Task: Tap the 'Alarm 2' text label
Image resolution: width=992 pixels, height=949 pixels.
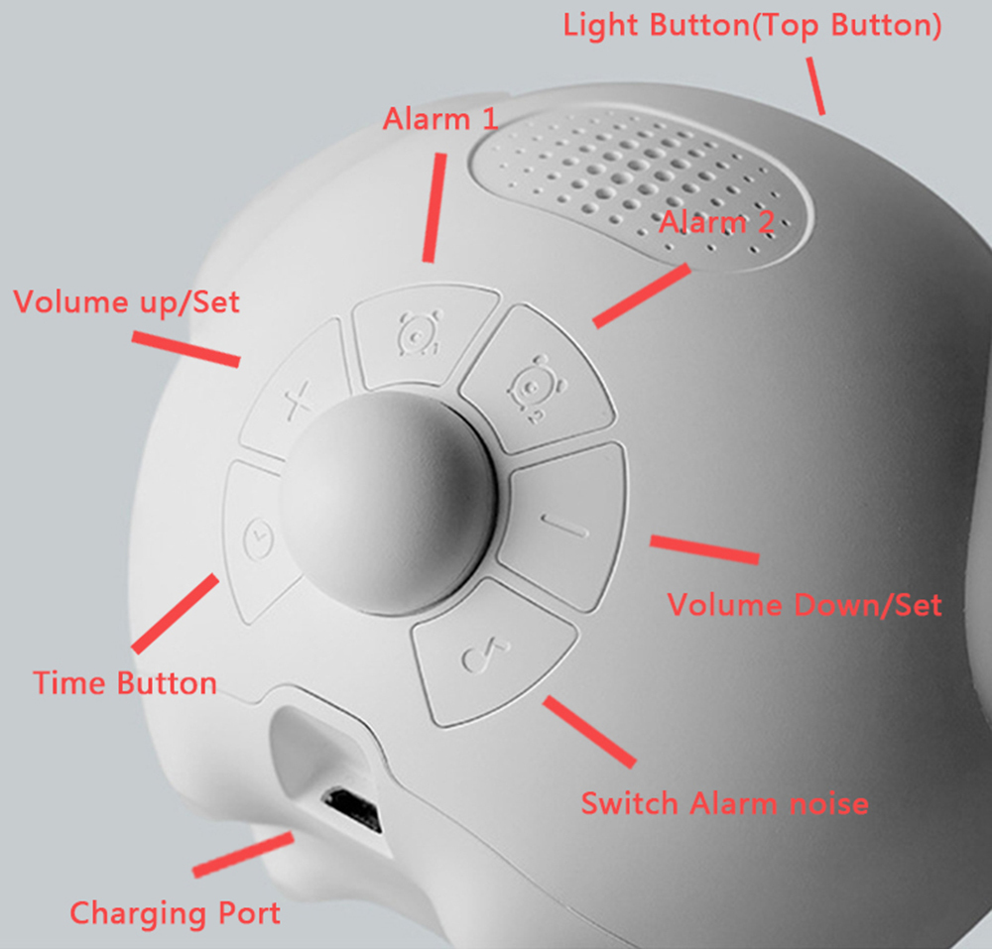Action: pyautogui.click(x=717, y=222)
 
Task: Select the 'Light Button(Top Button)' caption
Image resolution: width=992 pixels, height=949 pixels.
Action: pyautogui.click(x=752, y=26)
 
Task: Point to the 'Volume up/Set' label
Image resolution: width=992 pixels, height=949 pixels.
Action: pyautogui.click(x=127, y=302)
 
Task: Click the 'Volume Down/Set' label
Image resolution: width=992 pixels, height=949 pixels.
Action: pyautogui.click(x=805, y=605)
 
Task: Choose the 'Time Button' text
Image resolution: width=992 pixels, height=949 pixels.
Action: pyautogui.click(x=125, y=683)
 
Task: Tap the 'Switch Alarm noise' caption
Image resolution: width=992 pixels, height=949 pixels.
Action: pyautogui.click(x=724, y=803)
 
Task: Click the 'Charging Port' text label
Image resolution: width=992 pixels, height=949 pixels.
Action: pyautogui.click(x=176, y=913)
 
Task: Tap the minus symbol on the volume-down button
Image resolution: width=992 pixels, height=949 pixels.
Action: pyautogui.click(x=565, y=526)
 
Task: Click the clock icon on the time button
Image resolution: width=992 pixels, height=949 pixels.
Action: pyautogui.click(x=259, y=538)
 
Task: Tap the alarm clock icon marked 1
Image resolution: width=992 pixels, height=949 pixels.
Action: pyautogui.click(x=420, y=332)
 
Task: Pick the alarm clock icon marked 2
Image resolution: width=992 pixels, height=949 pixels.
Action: pyautogui.click(x=537, y=388)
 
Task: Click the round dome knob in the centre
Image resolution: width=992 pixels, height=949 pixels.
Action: pyautogui.click(x=388, y=503)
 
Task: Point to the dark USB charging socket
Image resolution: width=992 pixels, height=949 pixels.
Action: pyautogui.click(x=353, y=809)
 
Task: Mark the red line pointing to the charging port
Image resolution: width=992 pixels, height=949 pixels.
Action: pyautogui.click(x=244, y=855)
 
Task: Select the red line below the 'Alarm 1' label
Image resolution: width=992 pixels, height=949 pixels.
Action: pyautogui.click(x=434, y=207)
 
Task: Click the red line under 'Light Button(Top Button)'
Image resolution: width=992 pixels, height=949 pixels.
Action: pyautogui.click(x=815, y=86)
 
